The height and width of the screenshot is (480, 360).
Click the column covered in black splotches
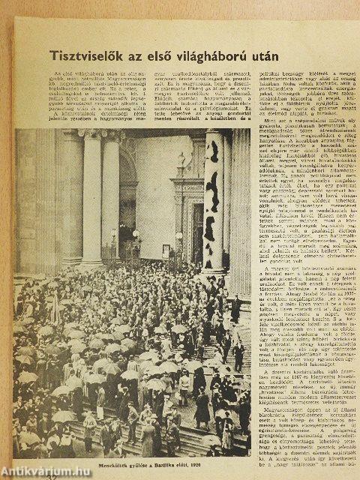click(214, 202)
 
